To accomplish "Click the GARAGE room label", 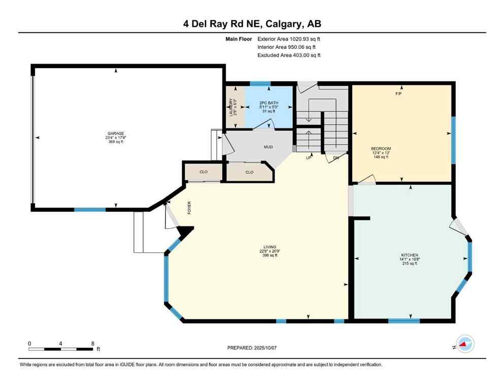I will [116, 134].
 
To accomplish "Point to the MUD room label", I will [268, 147].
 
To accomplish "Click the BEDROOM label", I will [381, 149].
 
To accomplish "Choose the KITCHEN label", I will [409, 255].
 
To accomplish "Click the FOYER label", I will [189, 209].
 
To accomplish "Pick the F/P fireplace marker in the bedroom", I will [398, 94].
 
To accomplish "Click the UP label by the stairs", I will [308, 158].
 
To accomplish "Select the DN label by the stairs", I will [335, 158].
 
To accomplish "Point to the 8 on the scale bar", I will [93, 343].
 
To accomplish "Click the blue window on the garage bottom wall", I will [90, 209].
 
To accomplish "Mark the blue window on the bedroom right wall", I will [453, 140].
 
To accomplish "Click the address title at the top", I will [252, 23].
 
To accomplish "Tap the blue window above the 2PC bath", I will [260, 83].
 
